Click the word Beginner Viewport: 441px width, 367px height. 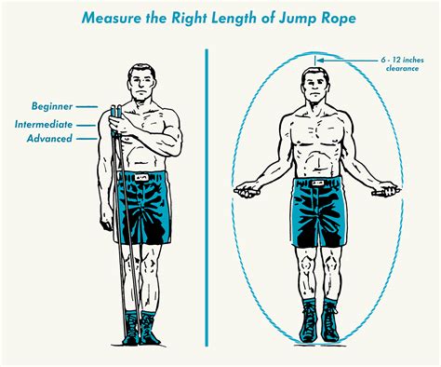52,106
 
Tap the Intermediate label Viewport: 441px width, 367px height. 44,125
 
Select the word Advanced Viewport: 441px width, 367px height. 49,139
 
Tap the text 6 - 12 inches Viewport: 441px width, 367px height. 402,60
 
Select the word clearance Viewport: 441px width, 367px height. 403,68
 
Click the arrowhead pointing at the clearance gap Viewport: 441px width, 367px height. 320,61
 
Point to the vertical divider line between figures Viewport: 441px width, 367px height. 207,197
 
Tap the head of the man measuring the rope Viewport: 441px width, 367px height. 141,82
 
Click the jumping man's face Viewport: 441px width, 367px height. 315,86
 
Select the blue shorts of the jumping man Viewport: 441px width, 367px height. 318,212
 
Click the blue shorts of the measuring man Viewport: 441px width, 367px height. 143,208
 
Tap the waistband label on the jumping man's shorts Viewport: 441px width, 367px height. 318,183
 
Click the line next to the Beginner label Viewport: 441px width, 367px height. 87,107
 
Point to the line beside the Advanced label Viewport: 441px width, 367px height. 87,139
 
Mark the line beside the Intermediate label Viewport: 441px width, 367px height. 86,126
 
